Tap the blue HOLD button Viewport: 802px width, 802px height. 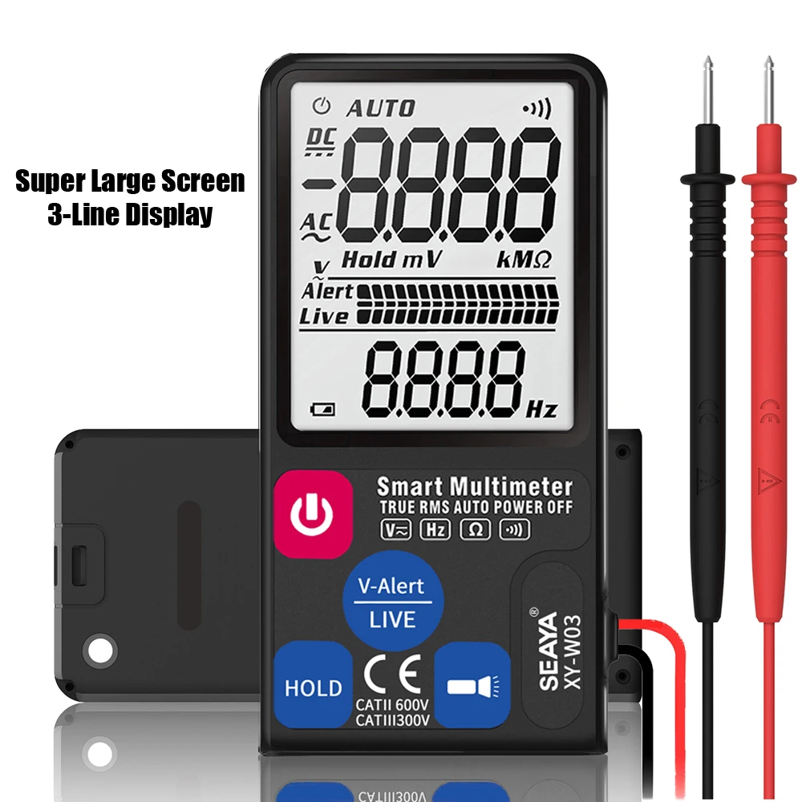pos(313,687)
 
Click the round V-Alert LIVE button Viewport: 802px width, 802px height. pos(392,601)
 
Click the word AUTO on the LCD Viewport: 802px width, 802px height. pos(381,107)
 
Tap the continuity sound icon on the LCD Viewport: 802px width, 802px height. pos(536,109)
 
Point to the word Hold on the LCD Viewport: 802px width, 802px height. pos(369,259)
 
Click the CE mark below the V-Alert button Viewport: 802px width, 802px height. pos(392,674)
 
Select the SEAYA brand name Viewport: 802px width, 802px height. pos(548,650)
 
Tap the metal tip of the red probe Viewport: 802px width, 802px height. pos(768,88)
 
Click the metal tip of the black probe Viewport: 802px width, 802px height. pos(707,88)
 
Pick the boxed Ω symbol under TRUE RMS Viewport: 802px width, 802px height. pos(474,529)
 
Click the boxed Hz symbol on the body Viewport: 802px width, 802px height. pos(435,529)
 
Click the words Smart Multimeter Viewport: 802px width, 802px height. pos(475,486)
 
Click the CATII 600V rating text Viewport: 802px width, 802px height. pos(392,706)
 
